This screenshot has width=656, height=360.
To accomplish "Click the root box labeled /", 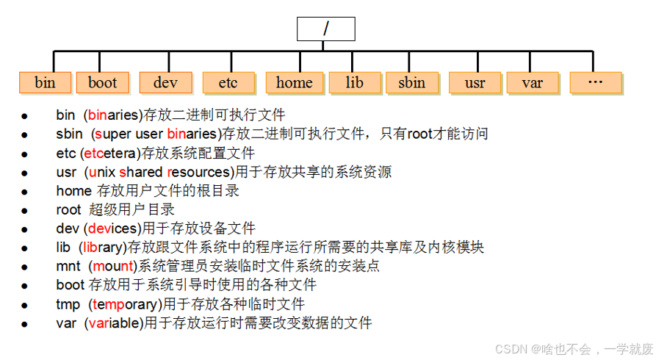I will pyautogui.click(x=325, y=29).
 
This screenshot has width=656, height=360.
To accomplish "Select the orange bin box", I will pyautogui.click(x=45, y=82).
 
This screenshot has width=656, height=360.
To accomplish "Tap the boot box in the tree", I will pyautogui.click(x=102, y=82).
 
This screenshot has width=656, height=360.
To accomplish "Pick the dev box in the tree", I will pyautogui.click(x=165, y=82).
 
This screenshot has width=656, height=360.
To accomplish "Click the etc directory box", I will pyautogui.click(x=228, y=82).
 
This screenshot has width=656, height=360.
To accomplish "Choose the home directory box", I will pyautogui.click(x=294, y=82).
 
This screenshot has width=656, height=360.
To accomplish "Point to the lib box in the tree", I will pyautogui.click(x=354, y=82).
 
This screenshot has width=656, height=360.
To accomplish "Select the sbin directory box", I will pyautogui.click(x=411, y=82).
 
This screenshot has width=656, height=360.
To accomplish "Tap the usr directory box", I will pyautogui.click(x=475, y=82).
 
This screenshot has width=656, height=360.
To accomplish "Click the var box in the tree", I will pyautogui.click(x=532, y=82).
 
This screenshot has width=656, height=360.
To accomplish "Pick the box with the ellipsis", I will pyautogui.click(x=595, y=82).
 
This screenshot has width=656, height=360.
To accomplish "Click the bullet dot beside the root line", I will pyautogui.click(x=24, y=210).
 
